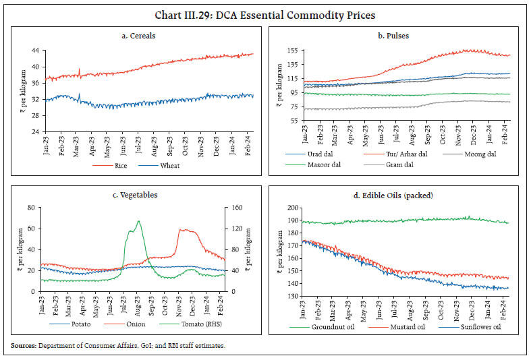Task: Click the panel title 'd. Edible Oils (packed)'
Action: (397, 196)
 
